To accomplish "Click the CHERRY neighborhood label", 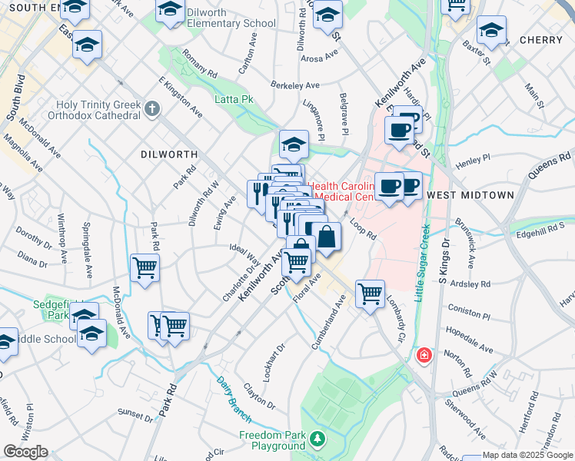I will [541, 40].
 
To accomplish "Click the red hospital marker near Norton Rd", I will [423, 356].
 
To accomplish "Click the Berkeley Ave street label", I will [294, 85].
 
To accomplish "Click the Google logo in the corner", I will [25, 452].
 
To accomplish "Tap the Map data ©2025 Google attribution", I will [527, 456].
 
